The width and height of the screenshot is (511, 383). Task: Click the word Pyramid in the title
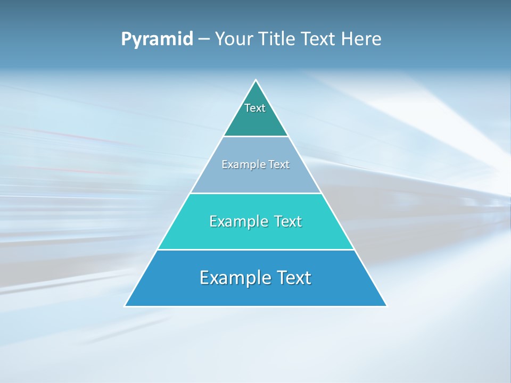(x=157, y=39)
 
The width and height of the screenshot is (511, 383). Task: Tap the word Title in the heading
(x=279, y=39)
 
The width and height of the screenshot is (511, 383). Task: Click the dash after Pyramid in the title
(x=204, y=39)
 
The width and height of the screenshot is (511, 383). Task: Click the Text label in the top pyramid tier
(x=255, y=108)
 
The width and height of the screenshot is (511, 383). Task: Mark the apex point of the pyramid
(x=256, y=80)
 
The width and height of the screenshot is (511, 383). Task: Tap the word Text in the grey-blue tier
(x=279, y=165)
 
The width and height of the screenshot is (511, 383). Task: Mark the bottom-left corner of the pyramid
(x=125, y=306)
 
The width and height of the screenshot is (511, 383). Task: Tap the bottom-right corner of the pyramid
(x=386, y=306)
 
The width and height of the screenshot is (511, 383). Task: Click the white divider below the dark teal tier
(x=256, y=137)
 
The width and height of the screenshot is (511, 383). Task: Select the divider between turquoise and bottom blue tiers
(x=256, y=249)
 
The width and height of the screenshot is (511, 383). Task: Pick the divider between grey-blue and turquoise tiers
(x=256, y=193)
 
